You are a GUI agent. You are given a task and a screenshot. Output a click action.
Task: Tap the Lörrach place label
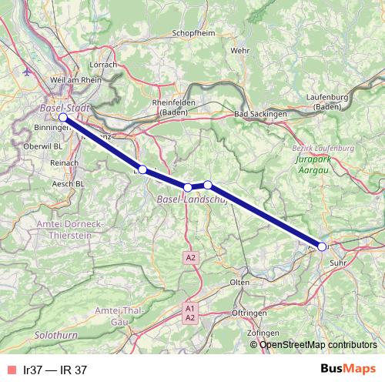tap(103, 65)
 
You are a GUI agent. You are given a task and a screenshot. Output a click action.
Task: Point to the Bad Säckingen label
tap(260, 114)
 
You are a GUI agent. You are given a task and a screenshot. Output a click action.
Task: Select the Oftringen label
tap(250, 313)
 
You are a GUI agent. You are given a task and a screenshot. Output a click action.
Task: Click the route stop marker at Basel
tap(63, 118)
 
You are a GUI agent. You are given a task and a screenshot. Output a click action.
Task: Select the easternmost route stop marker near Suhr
tap(322, 246)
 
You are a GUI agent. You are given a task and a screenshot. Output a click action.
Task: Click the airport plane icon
tap(29, 72)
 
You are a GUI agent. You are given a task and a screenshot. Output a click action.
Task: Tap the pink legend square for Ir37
tap(10, 370)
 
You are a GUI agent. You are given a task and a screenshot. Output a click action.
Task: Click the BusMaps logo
tap(348, 369)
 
